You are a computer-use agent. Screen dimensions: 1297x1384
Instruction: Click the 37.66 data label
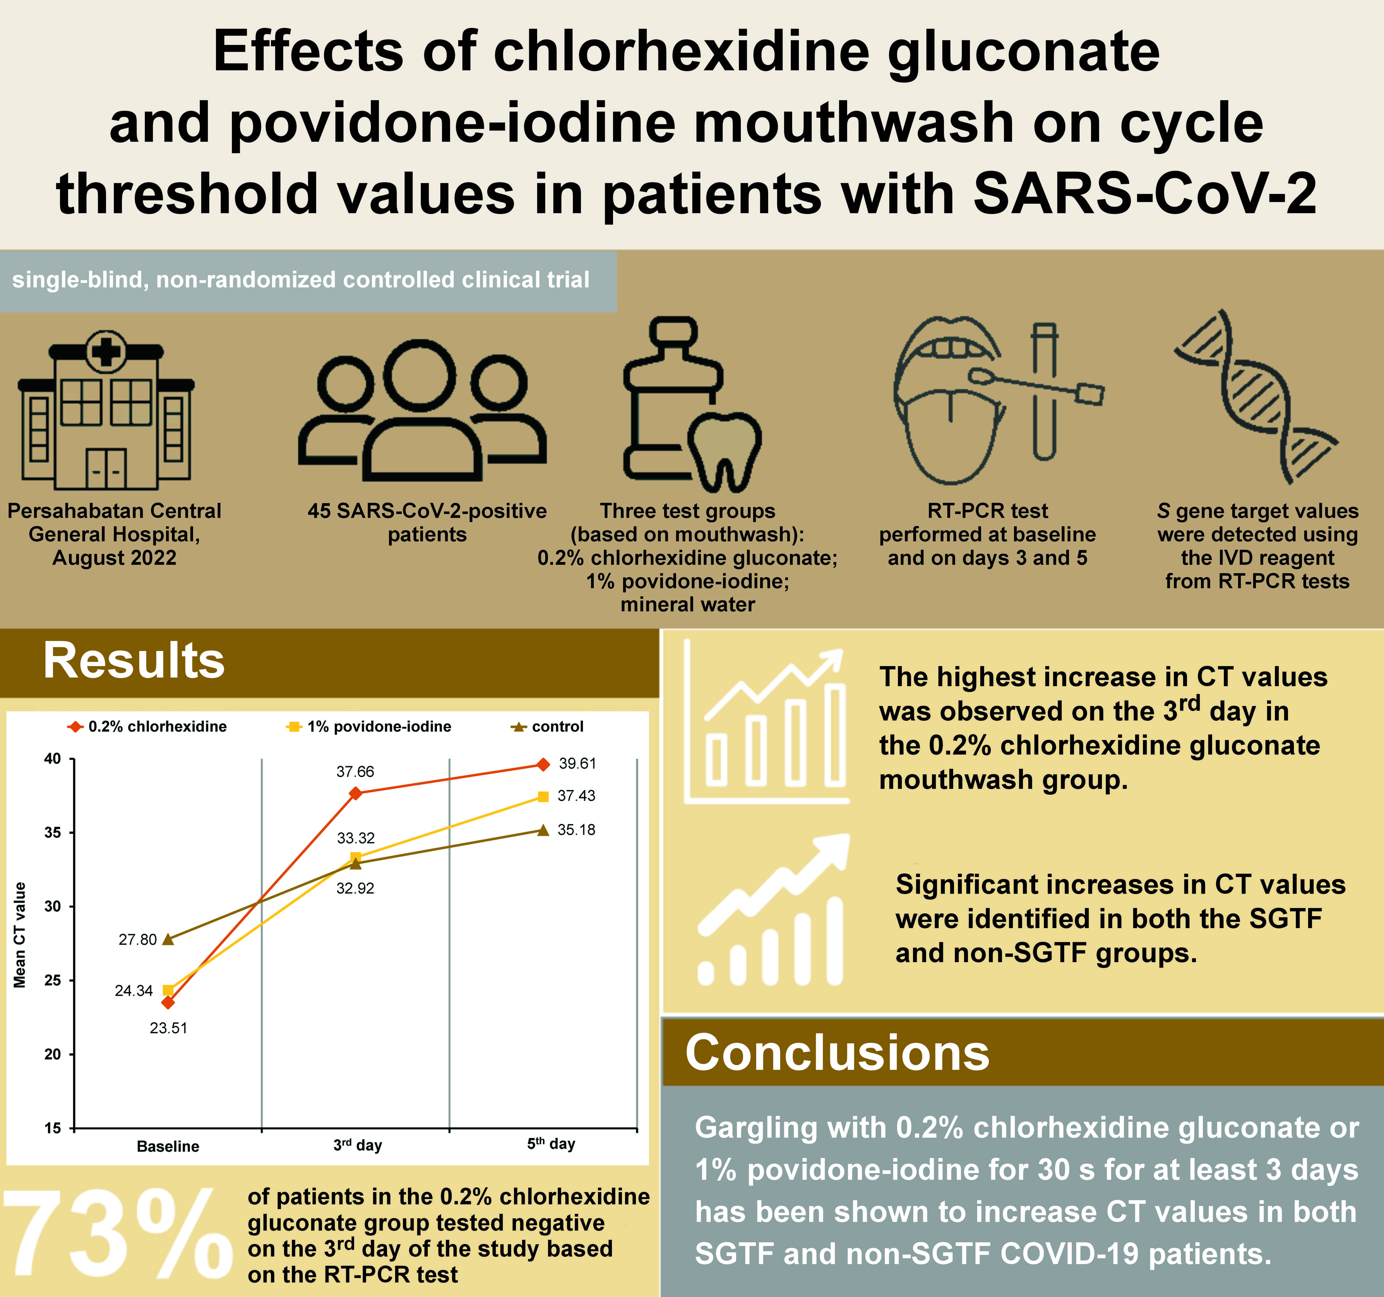[x=355, y=771]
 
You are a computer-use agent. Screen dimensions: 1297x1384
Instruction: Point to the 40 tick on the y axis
[x=53, y=759]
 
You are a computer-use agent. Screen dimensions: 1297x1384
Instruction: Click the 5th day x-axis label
[x=551, y=1144]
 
